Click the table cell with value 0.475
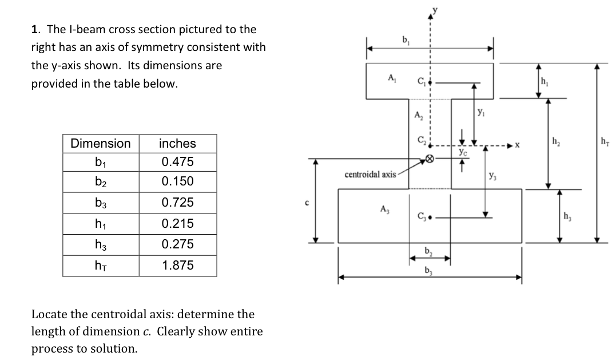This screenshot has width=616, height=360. tap(177, 162)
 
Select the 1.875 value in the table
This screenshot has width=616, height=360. tap(177, 266)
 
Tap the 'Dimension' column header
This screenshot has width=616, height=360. tap(100, 143)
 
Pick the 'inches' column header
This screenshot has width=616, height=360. tap(177, 143)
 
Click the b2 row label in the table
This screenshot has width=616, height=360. tap(100, 182)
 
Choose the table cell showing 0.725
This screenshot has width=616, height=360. tap(177, 203)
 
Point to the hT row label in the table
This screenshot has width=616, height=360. tap(100, 266)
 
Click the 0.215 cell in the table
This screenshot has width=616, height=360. tap(177, 223)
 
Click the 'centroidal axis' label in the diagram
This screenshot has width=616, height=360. tap(370, 173)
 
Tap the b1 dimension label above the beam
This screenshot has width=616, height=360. tap(406, 39)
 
